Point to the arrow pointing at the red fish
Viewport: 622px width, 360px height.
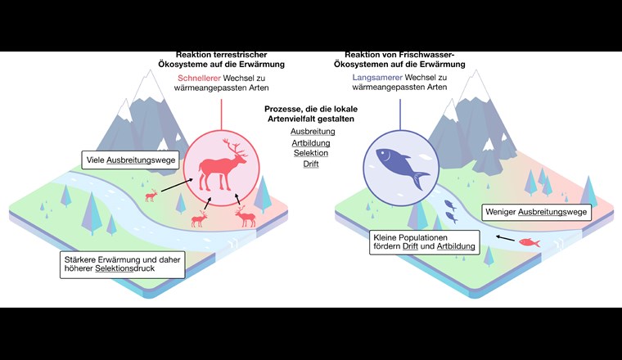tap(505, 241)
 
